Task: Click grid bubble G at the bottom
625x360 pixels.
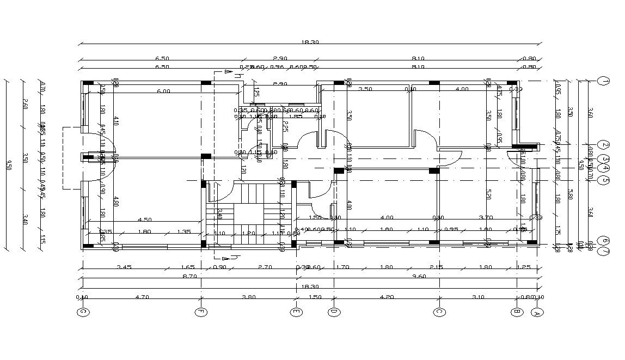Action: (82, 312)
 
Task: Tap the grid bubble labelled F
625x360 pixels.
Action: (201, 312)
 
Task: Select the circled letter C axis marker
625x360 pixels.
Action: (439, 312)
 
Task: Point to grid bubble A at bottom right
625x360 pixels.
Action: (536, 312)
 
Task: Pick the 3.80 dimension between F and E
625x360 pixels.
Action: (248, 297)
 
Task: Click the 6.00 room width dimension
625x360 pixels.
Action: (163, 91)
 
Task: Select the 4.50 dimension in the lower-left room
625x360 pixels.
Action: (144, 220)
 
